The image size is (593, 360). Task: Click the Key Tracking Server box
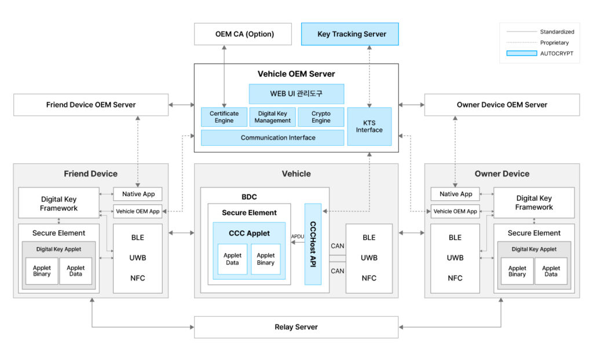pyautogui.click(x=350, y=34)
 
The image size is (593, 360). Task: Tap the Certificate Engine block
pyautogui.click(x=224, y=117)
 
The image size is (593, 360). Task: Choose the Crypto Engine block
pyautogui.click(x=321, y=117)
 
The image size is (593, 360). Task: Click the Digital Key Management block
pyautogui.click(x=272, y=117)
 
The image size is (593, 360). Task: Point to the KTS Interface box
pyautogui.click(x=369, y=126)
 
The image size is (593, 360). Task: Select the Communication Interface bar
pyautogui.click(x=272, y=138)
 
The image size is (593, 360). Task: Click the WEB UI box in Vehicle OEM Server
pyautogui.click(x=296, y=94)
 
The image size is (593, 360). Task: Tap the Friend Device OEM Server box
pyautogui.click(x=91, y=105)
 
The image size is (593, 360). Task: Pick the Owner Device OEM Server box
pyautogui.click(x=502, y=105)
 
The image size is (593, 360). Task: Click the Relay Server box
pyautogui.click(x=296, y=327)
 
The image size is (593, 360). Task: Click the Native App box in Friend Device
pyautogui.click(x=137, y=194)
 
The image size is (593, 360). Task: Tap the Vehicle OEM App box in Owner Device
pyautogui.click(x=455, y=211)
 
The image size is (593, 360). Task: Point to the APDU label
pyautogui.click(x=298, y=236)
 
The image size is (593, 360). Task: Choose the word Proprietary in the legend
pyautogui.click(x=554, y=42)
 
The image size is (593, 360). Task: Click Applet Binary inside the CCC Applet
pyautogui.click(x=265, y=259)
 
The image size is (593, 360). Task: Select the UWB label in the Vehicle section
pyautogui.click(x=369, y=258)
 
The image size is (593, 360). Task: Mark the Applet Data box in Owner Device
pyautogui.click(x=551, y=271)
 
